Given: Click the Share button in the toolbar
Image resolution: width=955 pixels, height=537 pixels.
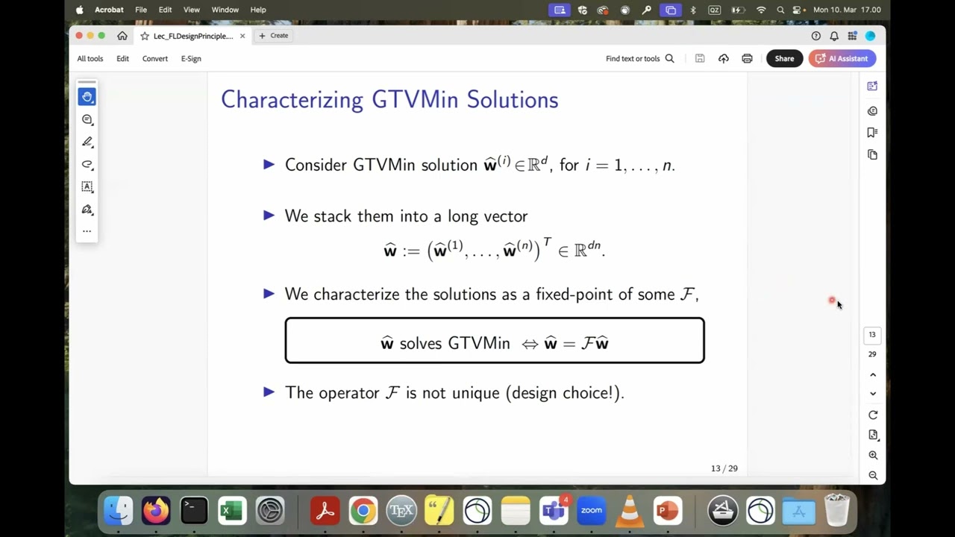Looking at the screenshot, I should pyautogui.click(x=784, y=58).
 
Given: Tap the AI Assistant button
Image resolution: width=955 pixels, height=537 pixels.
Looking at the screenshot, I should pyautogui.click(x=842, y=58).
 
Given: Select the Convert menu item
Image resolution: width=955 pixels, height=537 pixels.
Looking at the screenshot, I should pyautogui.click(x=155, y=58).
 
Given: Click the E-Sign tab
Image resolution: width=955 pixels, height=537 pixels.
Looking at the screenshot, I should pyautogui.click(x=191, y=58).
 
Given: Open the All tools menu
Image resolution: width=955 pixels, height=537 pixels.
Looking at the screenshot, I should pyautogui.click(x=90, y=58).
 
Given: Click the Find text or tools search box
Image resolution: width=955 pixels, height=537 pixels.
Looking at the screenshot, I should pyautogui.click(x=639, y=58).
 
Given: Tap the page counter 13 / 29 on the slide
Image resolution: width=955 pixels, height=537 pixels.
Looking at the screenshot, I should pyautogui.click(x=724, y=468).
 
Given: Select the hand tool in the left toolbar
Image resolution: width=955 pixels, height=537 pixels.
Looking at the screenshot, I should pyautogui.click(x=87, y=97).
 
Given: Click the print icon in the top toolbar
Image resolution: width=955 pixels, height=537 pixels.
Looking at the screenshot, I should pyautogui.click(x=747, y=58).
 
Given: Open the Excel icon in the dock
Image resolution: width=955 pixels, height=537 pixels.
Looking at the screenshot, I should pyautogui.click(x=232, y=511).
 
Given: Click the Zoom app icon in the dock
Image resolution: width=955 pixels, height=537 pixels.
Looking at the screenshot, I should pyautogui.click(x=591, y=511).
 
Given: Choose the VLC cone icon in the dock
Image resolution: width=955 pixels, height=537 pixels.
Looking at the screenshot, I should pyautogui.click(x=629, y=511).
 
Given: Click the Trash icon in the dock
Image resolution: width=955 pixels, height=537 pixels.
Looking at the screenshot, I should pyautogui.click(x=837, y=511).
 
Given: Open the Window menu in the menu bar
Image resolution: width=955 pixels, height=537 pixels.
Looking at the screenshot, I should pyautogui.click(x=225, y=10).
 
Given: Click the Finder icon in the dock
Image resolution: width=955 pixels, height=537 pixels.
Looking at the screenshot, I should pyautogui.click(x=118, y=511).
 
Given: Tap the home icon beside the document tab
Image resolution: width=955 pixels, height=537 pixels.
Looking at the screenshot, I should pyautogui.click(x=122, y=36).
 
